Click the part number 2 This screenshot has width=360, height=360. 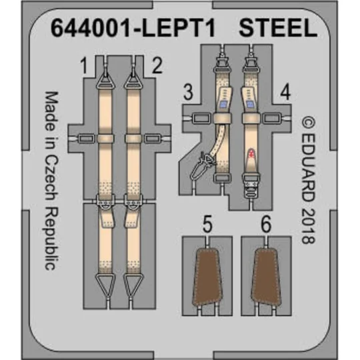pos(156,66)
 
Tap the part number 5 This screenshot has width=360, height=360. pos(207,227)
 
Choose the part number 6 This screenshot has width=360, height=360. pos(267,227)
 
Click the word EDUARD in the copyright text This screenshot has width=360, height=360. pos(307,163)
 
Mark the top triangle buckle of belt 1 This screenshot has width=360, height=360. pos(106,79)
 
